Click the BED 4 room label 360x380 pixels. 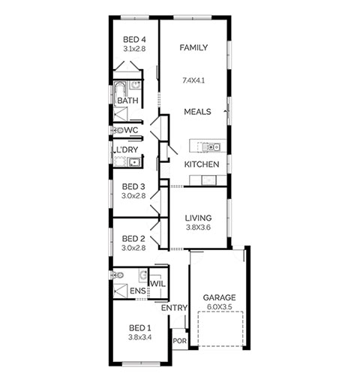coord(134,40)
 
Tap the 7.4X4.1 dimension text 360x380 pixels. coord(193,80)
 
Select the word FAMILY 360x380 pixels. coord(193,47)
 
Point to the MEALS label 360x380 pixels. coord(197,112)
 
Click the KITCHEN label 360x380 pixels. coord(202,164)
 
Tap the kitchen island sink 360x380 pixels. coord(211,146)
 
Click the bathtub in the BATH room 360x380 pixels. coord(121,92)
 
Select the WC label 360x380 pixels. coord(131,130)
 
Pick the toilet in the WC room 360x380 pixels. coord(117,130)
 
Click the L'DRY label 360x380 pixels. coord(127,149)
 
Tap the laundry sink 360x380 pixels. coord(134,162)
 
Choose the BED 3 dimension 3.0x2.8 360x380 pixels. coord(133,196)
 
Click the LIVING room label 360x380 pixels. coord(198,218)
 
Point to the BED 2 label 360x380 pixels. coord(133,239)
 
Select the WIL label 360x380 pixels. coord(158,284)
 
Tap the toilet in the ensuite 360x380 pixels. coord(118,275)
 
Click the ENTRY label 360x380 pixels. coord(174,308)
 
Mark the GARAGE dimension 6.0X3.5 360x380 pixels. coord(219,306)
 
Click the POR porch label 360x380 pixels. coord(180,341)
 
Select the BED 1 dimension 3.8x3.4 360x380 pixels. coord(140,337)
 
